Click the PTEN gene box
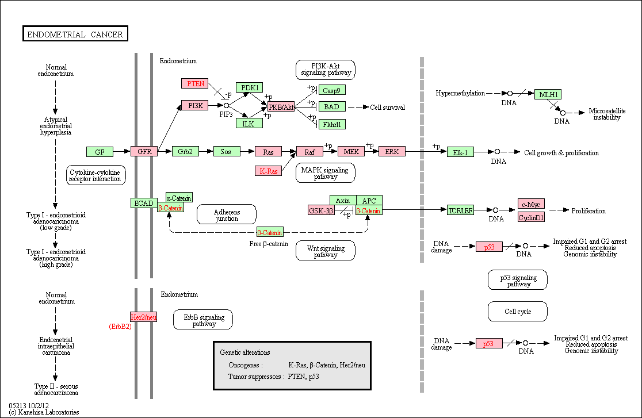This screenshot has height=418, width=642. click(195, 83)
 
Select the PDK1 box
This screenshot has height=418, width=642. click(249, 87)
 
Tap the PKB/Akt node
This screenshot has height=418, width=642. click(281, 107)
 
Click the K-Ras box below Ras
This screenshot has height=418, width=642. click(268, 171)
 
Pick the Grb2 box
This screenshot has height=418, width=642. click(185, 151)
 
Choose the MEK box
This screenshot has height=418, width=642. click(351, 151)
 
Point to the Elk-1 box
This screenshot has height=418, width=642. click(460, 152)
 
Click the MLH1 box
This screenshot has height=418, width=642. click(548, 94)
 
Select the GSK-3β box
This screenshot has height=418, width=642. click(321, 210)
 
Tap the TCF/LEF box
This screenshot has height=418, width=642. click(460, 210)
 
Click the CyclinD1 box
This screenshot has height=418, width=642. click(531, 217)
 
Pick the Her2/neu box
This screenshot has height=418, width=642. click(143, 317)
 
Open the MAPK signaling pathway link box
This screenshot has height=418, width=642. click(326, 173)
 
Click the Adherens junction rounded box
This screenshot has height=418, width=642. click(227, 215)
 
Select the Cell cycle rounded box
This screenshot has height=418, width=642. click(518, 312)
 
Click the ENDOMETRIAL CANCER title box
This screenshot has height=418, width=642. click(75, 34)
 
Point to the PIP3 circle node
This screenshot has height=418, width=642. click(226, 106)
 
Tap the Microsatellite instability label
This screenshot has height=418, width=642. click(607, 114)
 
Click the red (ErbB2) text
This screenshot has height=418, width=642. click(120, 327)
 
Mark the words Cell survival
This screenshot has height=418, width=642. click(387, 108)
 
